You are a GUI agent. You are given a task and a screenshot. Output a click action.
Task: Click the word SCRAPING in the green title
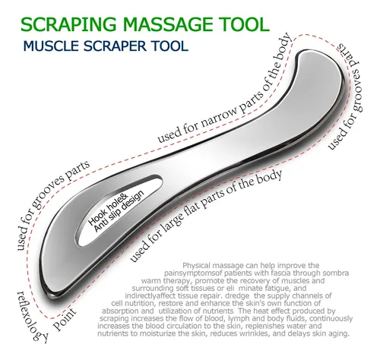coord(66,24)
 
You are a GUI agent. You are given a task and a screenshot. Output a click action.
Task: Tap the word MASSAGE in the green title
coord(163,24)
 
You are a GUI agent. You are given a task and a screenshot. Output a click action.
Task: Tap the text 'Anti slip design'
coord(119,210)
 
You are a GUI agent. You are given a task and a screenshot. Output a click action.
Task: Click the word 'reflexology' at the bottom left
coord(32,317)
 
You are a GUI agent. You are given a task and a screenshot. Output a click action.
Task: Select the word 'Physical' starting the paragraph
coord(197,266)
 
